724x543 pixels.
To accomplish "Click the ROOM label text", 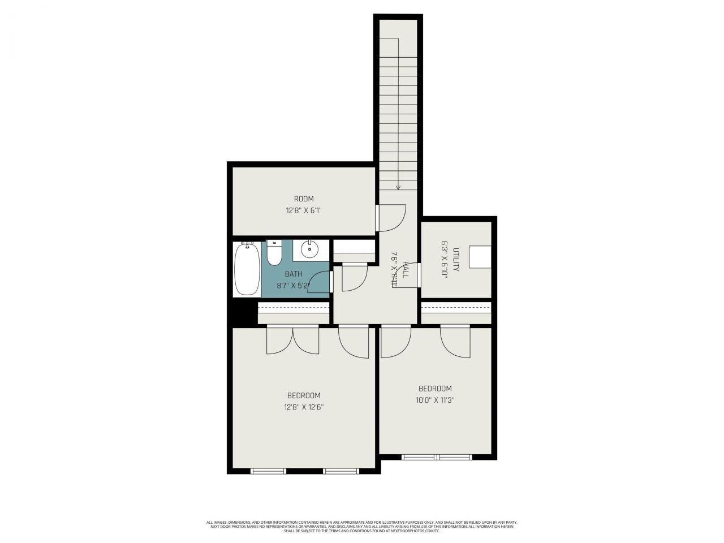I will (304, 199).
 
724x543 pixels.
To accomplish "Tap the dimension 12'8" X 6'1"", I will (304, 210).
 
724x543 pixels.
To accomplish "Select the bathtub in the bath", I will (247, 269).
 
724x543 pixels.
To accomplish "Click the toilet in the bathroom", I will (274, 253).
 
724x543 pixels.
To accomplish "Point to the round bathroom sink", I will (309, 249).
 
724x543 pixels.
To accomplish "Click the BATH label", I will (293, 274).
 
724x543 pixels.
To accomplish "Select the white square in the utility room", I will (481, 258).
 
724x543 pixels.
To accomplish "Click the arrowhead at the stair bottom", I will (398, 187).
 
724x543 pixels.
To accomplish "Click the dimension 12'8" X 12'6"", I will (304, 407).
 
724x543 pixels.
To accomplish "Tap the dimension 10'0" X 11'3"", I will (436, 400).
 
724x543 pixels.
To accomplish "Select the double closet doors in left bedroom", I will (292, 341).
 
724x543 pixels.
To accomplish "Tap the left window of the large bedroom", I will (269, 471).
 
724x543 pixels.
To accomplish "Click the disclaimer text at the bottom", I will (362, 527).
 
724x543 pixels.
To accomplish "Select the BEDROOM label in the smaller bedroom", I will (435, 389).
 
